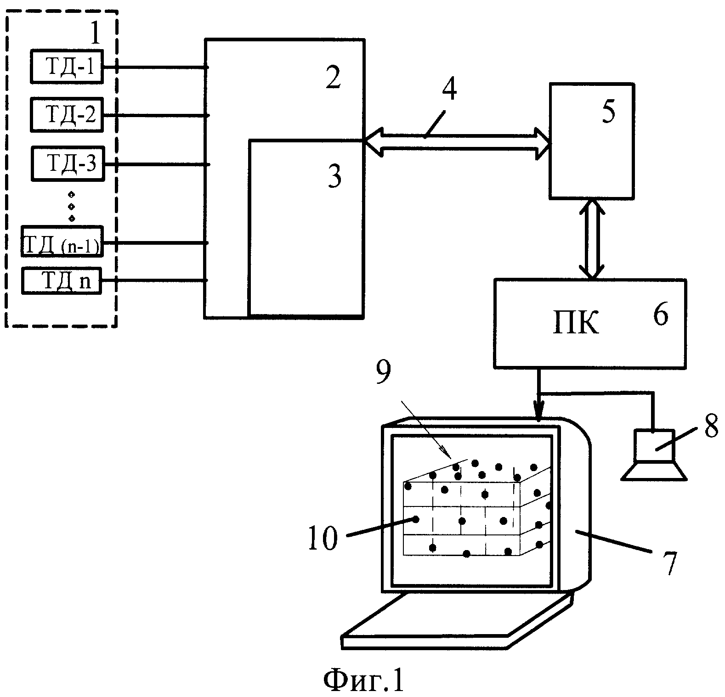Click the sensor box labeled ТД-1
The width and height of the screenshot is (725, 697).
pyautogui.click(x=66, y=67)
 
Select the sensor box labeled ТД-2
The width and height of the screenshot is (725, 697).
pyautogui.click(x=67, y=115)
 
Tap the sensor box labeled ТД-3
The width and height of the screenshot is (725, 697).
pyautogui.click(x=68, y=163)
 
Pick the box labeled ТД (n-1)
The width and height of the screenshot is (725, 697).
pyautogui.click(x=62, y=242)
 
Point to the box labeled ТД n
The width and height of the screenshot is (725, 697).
pyautogui.click(x=62, y=280)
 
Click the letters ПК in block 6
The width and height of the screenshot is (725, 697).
pyautogui.click(x=575, y=325)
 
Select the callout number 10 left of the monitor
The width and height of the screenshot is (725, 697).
pyautogui.click(x=323, y=538)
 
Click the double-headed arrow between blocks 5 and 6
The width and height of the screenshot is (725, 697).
pyautogui.click(x=592, y=239)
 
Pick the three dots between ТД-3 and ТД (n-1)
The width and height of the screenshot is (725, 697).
pyautogui.click(x=71, y=206)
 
